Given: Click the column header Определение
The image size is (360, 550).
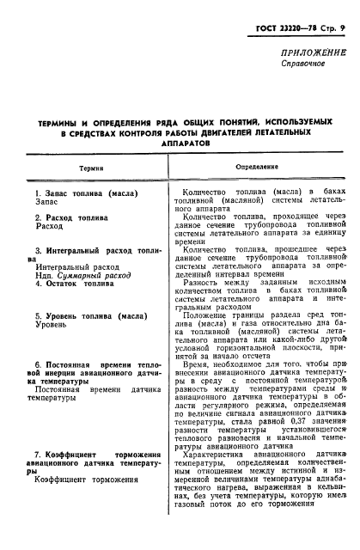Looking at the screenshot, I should pos(255,169).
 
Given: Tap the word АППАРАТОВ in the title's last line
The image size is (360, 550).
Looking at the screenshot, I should pos(179,146).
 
